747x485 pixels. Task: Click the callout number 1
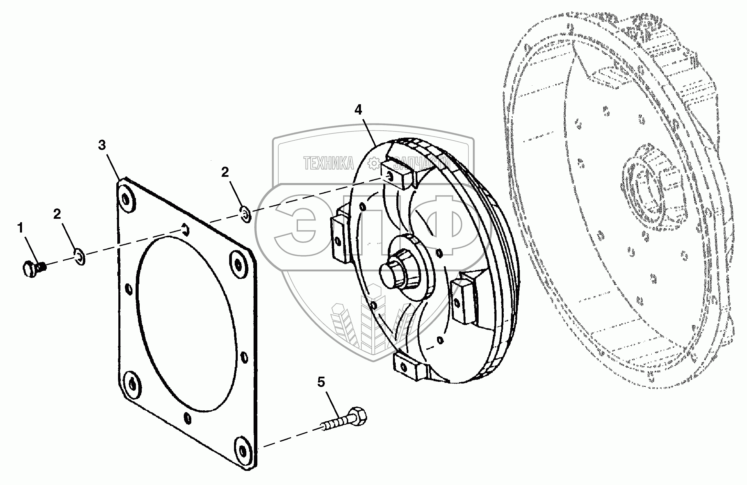[21, 228]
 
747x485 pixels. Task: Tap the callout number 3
[102, 145]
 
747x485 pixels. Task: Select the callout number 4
[358, 110]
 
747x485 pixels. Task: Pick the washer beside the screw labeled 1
[80, 256]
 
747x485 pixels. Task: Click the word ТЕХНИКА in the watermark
[328, 163]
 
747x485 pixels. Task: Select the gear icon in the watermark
[374, 163]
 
